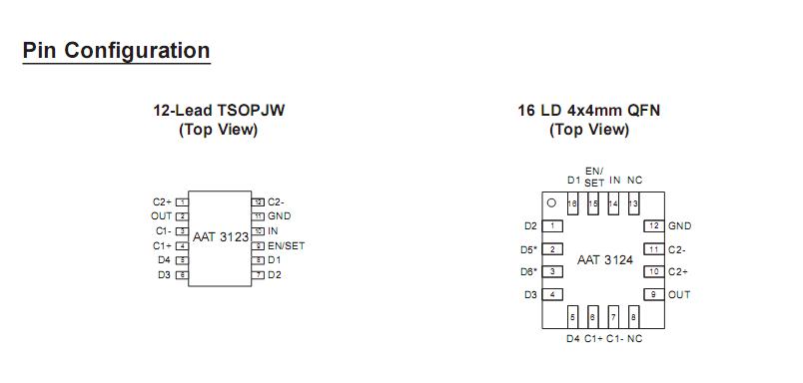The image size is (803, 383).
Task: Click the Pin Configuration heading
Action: pos(116,51)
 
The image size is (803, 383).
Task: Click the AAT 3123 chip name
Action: pos(221,237)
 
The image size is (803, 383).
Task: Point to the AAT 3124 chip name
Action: pos(605,259)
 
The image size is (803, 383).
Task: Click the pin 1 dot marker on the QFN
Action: pos(550,202)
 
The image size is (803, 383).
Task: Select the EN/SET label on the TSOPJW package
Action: pos(287,245)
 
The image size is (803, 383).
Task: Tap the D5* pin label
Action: pos(528,249)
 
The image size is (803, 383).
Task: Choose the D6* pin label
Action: pos(528,271)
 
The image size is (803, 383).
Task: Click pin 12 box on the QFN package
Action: pos(653,226)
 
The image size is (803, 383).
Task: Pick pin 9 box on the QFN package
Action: pos(653,294)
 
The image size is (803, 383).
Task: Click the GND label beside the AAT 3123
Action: pos(280,215)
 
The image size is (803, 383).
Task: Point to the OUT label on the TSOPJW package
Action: pos(162,215)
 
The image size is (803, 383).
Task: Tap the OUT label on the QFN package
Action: pos(679,294)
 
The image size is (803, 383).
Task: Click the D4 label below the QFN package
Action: pos(572,339)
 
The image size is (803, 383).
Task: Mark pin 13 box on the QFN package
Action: pos(633,202)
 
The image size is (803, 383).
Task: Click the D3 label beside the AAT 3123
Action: pos(164,274)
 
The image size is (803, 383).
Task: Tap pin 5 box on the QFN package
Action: pos(572,317)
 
